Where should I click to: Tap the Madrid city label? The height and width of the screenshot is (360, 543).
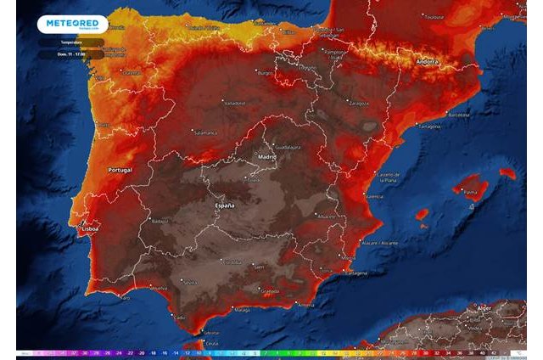[x=267, y=157]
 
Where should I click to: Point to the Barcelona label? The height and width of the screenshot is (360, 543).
[x=458, y=113]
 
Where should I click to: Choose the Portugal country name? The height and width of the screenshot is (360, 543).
[x=120, y=171]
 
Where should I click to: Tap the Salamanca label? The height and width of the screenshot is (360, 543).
[x=204, y=133]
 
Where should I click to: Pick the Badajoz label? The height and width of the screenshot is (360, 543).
[x=160, y=221]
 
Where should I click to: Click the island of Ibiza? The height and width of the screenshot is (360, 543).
[x=422, y=215]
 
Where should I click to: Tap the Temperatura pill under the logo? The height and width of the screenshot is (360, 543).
[x=71, y=42]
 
